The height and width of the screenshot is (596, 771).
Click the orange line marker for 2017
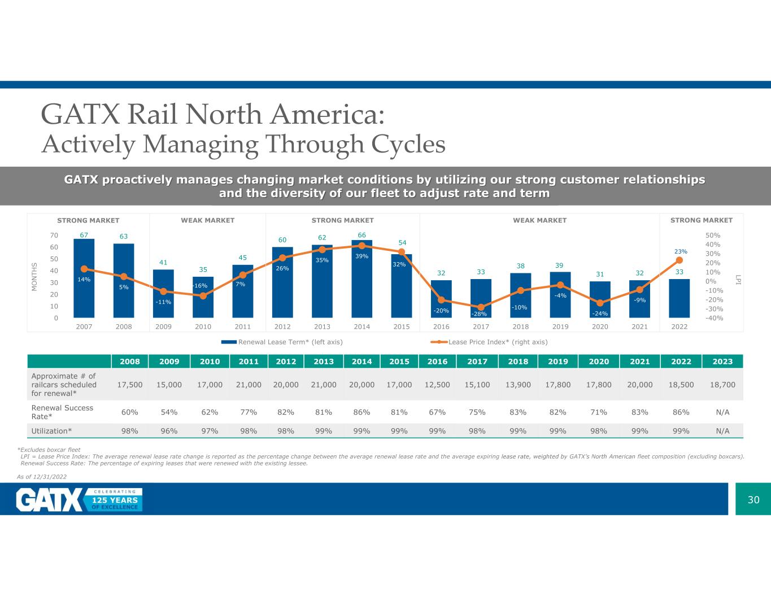click(x=481, y=307)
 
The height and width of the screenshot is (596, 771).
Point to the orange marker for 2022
click(x=679, y=260)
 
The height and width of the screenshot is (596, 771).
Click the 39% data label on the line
click(x=361, y=256)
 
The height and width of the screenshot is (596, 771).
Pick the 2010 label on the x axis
click(x=203, y=327)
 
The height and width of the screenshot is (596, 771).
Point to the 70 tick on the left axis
click(x=53, y=236)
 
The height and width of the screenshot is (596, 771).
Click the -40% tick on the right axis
click(x=714, y=318)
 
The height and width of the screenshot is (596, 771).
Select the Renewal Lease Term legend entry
click(x=282, y=342)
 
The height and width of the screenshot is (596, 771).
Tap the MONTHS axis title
click(x=34, y=277)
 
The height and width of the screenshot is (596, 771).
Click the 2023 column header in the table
click(x=722, y=362)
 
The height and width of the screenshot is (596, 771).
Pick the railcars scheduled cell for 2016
click(x=437, y=384)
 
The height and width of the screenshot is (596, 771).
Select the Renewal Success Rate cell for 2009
click(x=169, y=412)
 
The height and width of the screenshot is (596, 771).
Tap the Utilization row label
click(x=51, y=431)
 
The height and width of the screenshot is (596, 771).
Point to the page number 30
click(x=753, y=499)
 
